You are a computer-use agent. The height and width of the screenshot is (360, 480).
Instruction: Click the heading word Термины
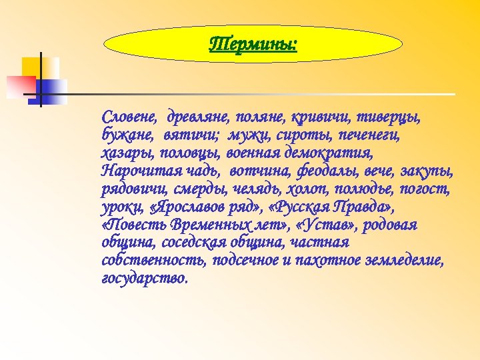(x=253, y=45)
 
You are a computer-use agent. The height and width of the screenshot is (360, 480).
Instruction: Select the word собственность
(x=154, y=260)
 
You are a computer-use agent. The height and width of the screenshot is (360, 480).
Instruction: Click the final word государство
(x=145, y=278)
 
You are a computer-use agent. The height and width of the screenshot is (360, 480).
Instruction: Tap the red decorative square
(x=21, y=85)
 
